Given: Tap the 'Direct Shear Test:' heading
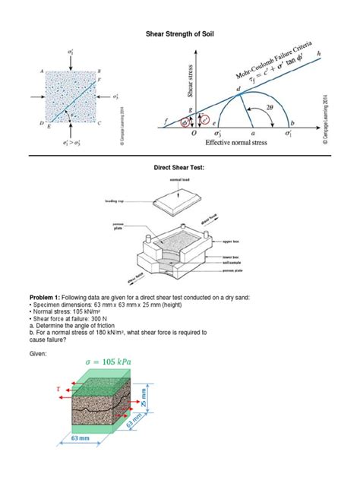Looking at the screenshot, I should point(180,165).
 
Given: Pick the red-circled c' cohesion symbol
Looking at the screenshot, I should point(204,118).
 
